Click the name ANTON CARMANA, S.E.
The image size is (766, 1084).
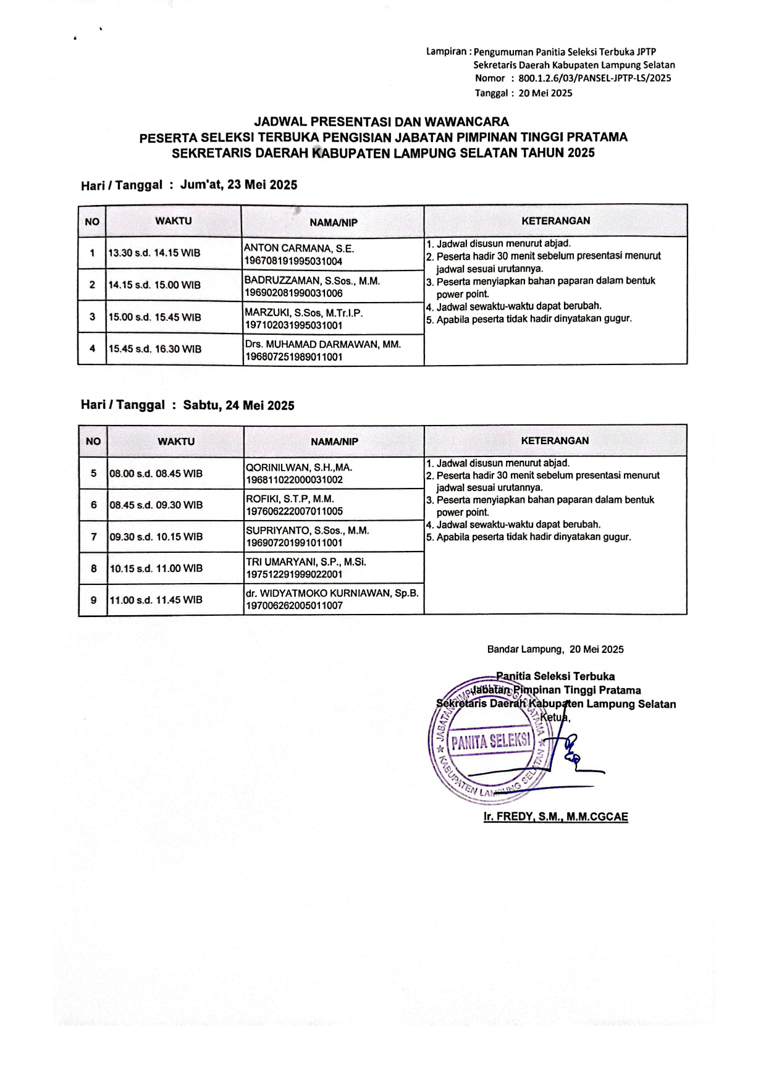299,248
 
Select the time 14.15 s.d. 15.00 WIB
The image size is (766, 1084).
154,285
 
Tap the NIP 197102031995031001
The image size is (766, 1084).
293,325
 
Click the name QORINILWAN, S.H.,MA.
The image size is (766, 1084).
299,468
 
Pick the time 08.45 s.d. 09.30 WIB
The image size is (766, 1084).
156,505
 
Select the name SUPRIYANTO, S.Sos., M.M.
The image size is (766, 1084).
307,531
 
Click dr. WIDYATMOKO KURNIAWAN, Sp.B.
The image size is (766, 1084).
332,593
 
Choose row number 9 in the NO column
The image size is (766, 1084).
94,599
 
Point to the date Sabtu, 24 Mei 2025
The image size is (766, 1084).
238,405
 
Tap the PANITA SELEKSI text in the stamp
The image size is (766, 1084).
491,741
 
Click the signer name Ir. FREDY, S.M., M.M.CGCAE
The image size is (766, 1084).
555,817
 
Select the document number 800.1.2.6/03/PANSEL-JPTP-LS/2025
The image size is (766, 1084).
594,78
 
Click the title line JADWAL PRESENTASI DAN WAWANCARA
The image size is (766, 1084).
382,122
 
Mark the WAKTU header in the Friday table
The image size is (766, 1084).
174,221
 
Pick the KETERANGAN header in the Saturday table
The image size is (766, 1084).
555,440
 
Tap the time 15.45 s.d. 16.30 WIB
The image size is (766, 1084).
155,349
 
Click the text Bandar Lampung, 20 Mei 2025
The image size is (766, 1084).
555,649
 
